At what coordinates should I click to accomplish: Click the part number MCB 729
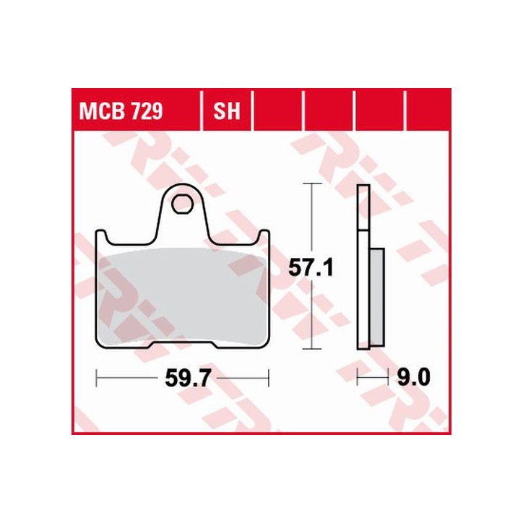121,112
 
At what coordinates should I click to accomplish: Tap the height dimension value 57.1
311,268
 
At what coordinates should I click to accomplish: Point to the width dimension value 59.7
182,378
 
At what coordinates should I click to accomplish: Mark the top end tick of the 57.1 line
311,184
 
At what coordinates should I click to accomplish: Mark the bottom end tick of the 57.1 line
311,350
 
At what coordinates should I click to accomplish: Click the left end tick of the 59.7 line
96,377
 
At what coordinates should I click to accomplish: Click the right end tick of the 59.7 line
268,377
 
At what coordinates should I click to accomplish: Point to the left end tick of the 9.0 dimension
358,377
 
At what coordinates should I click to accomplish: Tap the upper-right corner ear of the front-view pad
264,236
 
